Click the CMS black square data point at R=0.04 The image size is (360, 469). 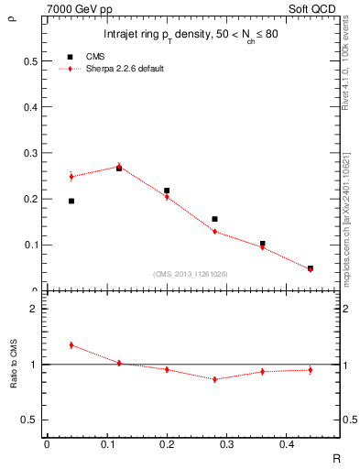click(71, 201)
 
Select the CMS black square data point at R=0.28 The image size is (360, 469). click(214, 219)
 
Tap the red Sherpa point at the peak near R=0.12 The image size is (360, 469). click(119, 166)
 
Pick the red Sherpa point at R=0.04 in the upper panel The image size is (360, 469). click(71, 176)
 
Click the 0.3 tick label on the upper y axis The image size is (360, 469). click(33, 153)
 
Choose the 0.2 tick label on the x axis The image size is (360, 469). click(166, 444)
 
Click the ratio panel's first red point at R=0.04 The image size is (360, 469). click(71, 344)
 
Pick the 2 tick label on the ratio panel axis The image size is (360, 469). click(33, 309)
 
